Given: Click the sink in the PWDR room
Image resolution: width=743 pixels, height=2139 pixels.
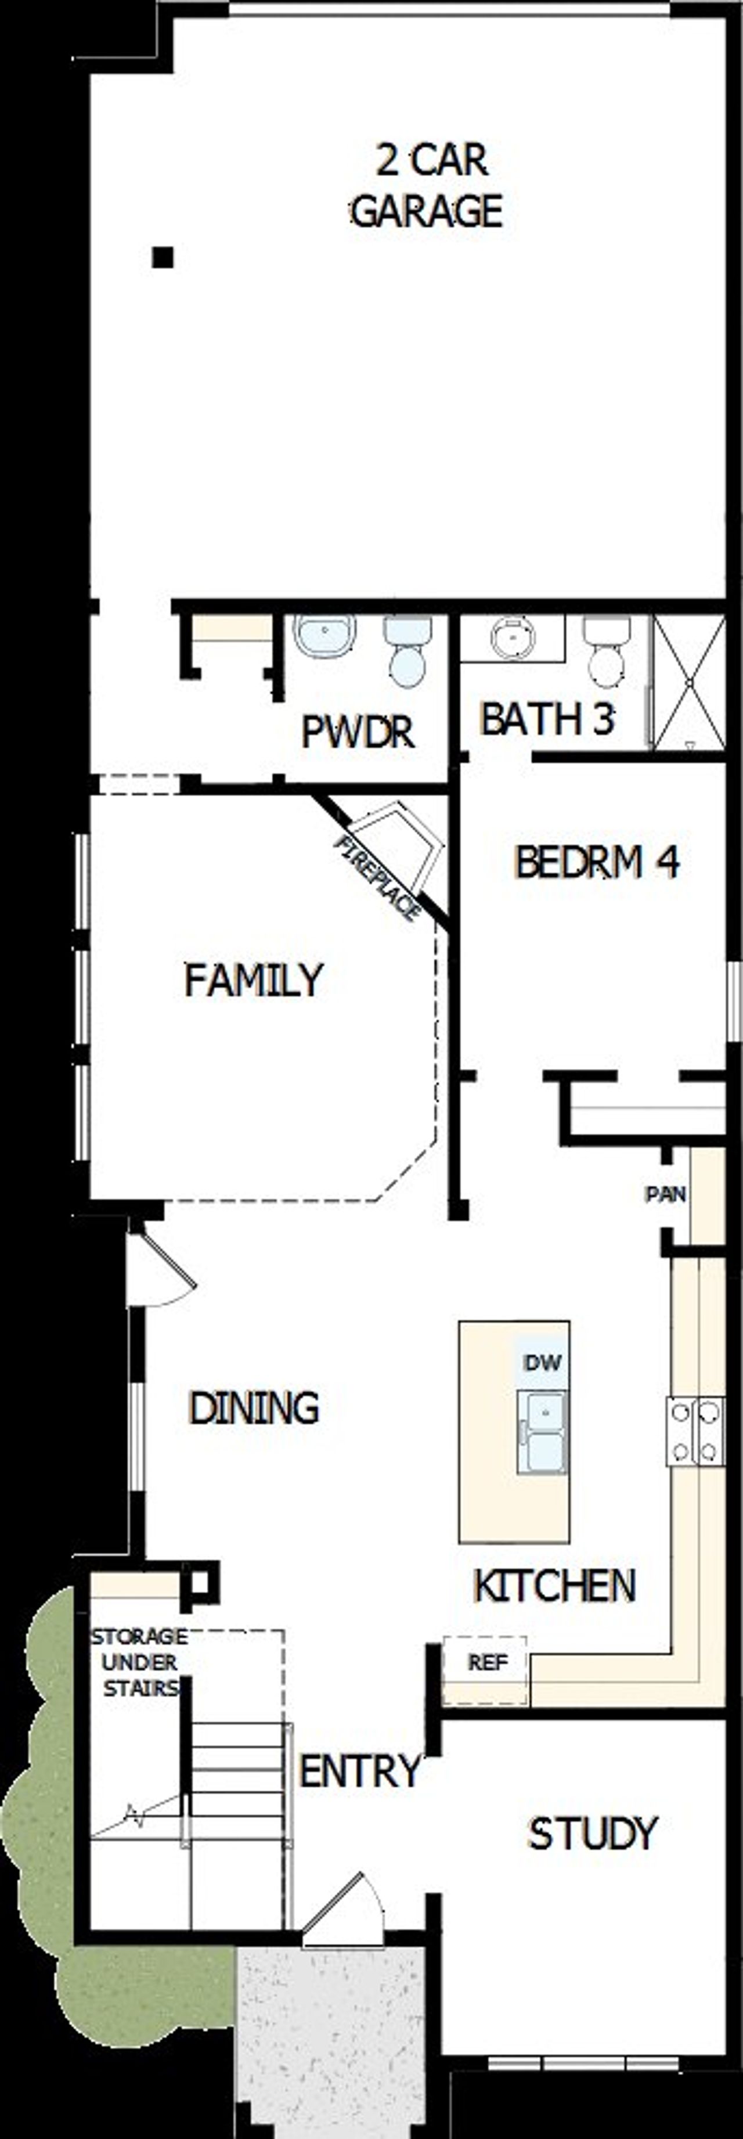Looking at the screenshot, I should tap(324, 636).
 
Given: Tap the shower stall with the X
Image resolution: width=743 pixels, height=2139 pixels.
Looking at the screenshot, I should tap(689, 683).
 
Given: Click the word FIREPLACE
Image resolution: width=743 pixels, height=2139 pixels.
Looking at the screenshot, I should tap(378, 878).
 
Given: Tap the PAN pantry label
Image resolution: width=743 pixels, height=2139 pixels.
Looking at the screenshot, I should tap(666, 1194).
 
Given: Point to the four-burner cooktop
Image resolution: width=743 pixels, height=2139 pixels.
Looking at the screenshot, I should tap(695, 1431).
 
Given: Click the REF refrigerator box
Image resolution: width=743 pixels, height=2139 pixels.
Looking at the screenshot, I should tap(486, 1662).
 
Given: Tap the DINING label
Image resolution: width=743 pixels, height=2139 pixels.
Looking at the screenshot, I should tap(254, 1407).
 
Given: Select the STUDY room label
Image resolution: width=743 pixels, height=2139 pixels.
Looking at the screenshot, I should tap(593, 1832).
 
